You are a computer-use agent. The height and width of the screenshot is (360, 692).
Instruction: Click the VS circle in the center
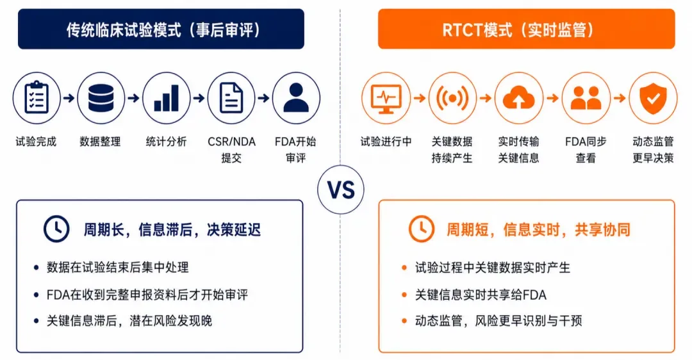341,190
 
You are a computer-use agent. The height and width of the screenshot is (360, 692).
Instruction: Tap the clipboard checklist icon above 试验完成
37,97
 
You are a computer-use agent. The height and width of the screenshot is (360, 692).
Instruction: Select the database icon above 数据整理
101,97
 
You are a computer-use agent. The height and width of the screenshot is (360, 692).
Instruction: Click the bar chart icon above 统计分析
167,97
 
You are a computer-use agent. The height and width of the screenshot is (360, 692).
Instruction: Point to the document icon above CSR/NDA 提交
231,97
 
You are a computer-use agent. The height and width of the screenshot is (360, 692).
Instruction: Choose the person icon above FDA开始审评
296,97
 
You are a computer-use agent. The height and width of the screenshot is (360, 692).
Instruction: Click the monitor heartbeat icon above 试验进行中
386,97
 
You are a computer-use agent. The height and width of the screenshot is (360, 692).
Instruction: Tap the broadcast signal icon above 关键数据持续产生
452,97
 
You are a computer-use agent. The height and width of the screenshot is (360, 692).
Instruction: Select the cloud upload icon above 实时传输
519,97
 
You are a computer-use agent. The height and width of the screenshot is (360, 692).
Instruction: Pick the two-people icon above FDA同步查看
586,97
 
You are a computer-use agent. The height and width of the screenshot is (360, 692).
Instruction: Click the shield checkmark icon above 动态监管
653,97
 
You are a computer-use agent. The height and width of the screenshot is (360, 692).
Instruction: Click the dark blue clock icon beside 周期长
56,229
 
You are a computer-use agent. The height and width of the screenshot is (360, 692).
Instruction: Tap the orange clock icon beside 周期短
422,229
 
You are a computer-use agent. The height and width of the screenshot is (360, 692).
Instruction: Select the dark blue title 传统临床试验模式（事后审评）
161,29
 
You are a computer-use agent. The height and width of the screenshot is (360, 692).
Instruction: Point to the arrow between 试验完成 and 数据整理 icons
69,97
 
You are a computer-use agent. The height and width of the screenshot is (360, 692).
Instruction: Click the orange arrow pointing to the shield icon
620,97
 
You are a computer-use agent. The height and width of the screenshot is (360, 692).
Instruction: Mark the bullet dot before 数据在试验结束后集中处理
36,267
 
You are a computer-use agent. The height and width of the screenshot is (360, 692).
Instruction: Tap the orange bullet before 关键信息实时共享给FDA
404,294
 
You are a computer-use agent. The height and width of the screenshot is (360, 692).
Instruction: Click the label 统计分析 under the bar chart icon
167,142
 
